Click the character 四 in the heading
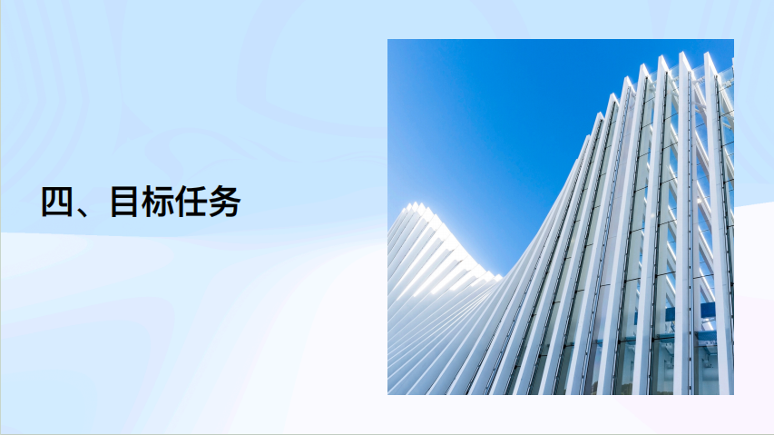57,202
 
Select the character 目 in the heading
123,202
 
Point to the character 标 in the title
158,202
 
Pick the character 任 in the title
191,202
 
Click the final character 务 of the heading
225,202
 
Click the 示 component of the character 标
165,202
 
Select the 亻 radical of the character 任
181,202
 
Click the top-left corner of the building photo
387,39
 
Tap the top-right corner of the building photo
734,39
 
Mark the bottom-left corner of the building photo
387,395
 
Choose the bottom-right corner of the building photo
734,395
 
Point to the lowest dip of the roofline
500,275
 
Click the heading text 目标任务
176,202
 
